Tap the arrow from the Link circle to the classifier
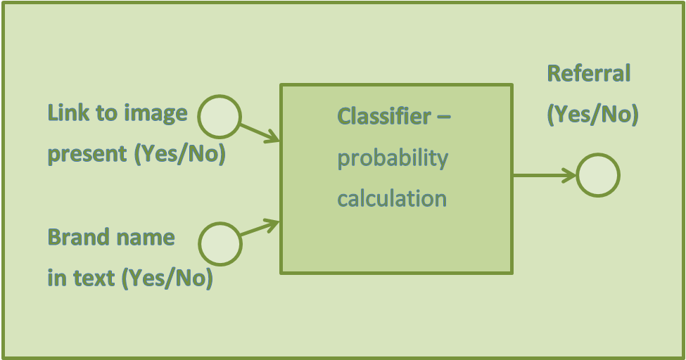point(260,133)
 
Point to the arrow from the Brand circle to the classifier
point(260,227)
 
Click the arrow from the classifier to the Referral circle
point(545,175)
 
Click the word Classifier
point(384,116)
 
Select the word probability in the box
point(393,159)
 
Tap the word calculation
point(392,199)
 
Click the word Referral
point(589,73)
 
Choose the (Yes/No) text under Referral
point(593,115)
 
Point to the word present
point(87,155)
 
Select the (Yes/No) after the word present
point(180,155)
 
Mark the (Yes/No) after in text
point(167,278)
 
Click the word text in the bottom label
point(94,278)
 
